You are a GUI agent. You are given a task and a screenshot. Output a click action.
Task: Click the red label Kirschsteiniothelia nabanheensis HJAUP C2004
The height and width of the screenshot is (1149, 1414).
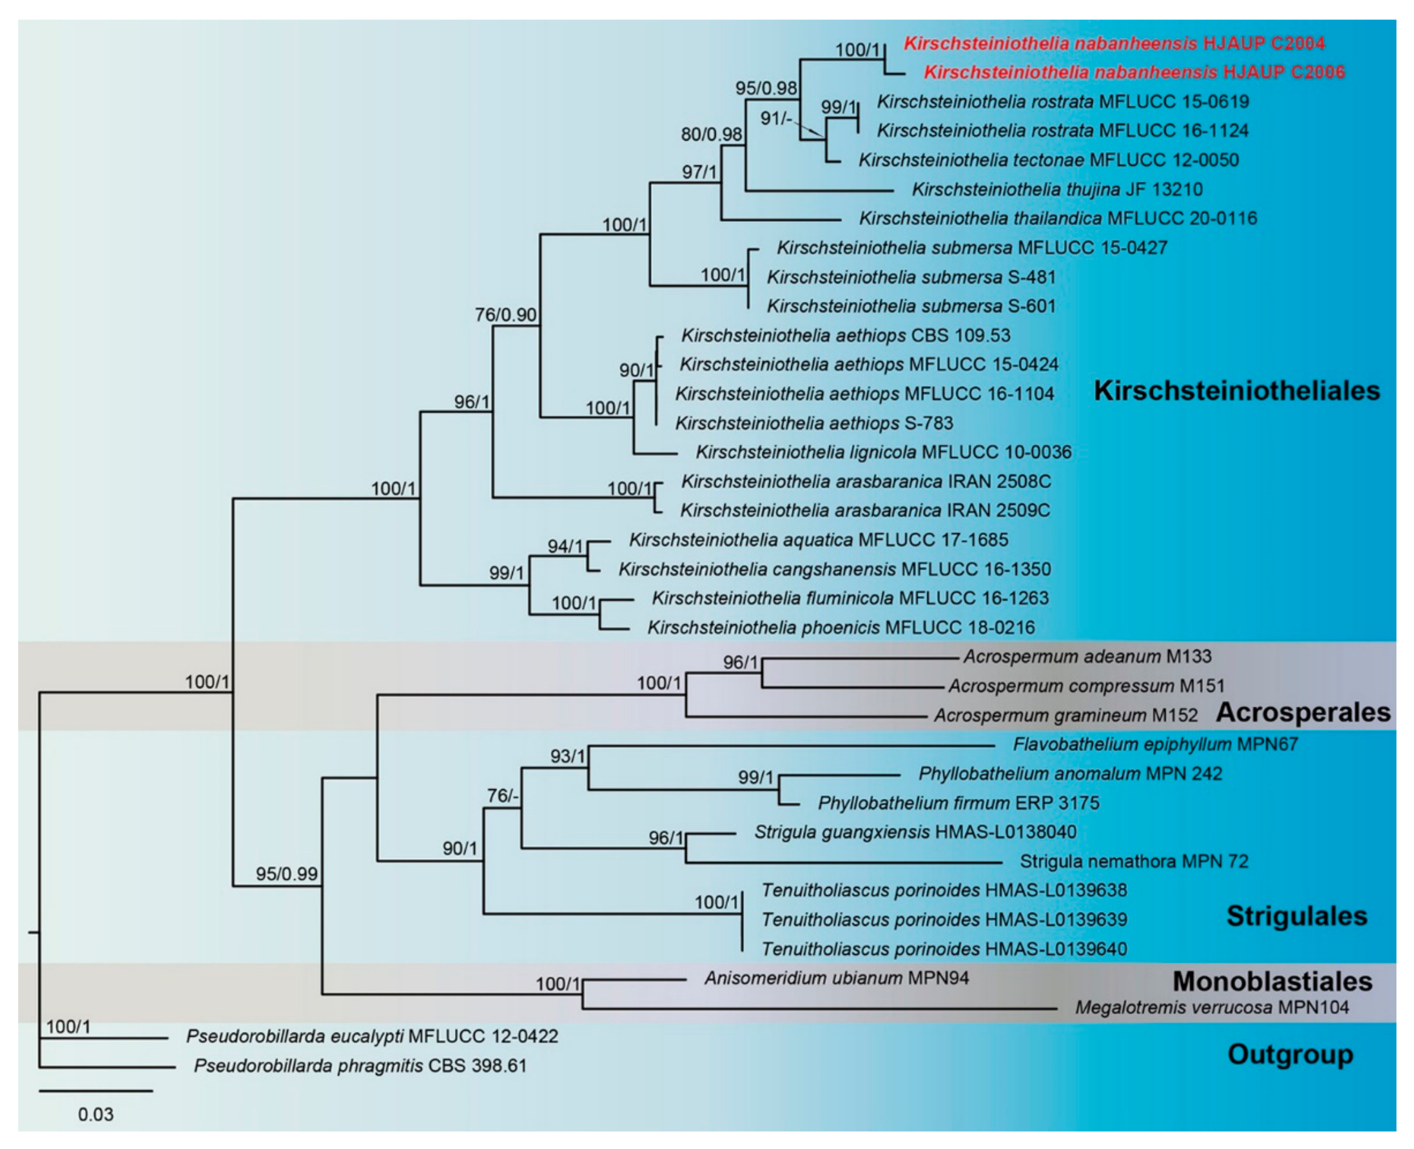[1114, 44]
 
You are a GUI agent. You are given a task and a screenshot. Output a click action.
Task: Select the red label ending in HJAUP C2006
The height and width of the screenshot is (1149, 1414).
[1134, 72]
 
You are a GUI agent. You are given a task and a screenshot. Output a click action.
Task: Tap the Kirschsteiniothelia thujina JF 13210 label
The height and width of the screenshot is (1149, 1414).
[1057, 190]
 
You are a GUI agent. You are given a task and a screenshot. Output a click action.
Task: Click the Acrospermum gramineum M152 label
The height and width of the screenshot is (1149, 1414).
[1065, 715]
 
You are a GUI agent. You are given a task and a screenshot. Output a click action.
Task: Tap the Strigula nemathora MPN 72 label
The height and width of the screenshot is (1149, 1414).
[1133, 862]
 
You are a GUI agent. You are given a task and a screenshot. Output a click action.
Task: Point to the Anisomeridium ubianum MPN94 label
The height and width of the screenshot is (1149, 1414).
[837, 978]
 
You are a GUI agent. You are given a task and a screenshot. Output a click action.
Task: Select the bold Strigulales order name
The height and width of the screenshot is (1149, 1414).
[1296, 916]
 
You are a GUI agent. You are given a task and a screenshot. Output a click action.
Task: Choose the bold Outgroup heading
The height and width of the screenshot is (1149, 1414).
[1290, 1054]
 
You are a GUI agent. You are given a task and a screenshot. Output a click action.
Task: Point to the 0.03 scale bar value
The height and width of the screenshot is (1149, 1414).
[96, 1115]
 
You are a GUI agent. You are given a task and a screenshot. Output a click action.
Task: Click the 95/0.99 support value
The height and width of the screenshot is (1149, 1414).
[287, 874]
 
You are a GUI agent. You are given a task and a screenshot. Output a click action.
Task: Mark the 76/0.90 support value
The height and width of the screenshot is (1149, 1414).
[506, 315]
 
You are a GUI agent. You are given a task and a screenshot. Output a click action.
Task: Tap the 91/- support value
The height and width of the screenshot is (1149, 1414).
[776, 118]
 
